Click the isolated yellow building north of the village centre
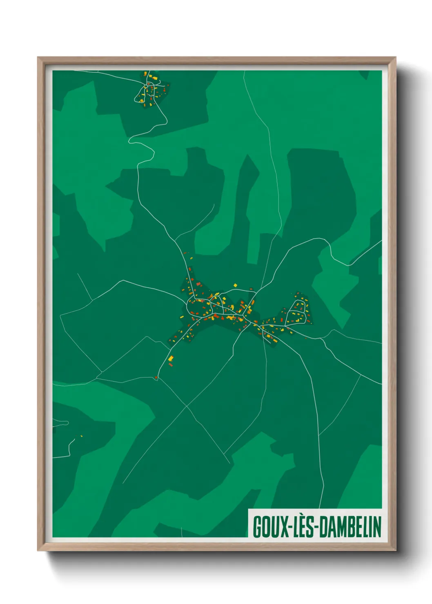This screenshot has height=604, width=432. click(235, 285)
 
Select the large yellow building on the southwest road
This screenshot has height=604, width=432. click(171, 359)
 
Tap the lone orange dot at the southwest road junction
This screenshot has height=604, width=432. click(156, 377)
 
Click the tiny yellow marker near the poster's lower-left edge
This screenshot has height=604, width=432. click(81, 436)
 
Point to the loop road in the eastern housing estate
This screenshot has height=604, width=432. click(297, 313)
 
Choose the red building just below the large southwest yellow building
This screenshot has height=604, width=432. click(171, 364)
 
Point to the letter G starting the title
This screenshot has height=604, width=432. click(258, 527)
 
